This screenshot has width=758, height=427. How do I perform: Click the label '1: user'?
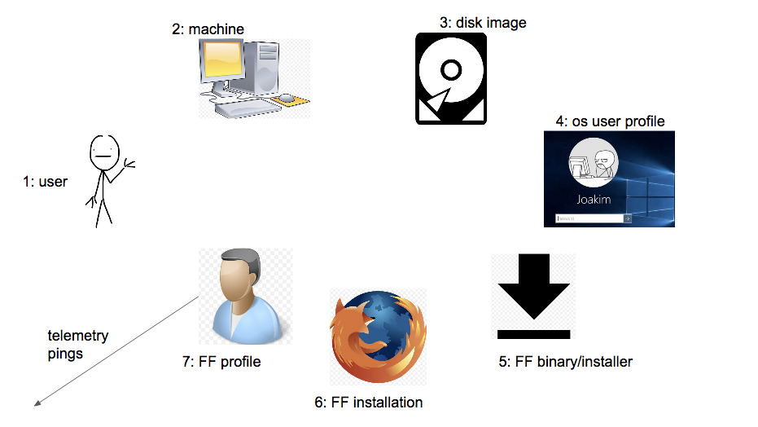(45, 182)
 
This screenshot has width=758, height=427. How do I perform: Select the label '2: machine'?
(208, 29)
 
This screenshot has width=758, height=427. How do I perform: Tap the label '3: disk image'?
(483, 23)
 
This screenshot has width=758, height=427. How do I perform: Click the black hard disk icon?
(451, 78)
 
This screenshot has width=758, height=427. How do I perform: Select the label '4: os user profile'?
(610, 121)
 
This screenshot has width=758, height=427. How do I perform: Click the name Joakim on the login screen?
(594, 199)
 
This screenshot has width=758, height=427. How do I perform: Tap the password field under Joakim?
(589, 218)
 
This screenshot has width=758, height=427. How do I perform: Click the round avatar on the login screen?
(594, 162)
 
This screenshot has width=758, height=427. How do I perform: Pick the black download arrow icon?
(533, 297)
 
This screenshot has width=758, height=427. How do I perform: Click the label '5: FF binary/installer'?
(565, 362)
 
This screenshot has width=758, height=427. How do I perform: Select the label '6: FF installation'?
(368, 403)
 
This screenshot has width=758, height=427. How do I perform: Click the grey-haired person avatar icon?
(245, 297)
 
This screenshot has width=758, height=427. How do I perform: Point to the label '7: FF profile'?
(221, 361)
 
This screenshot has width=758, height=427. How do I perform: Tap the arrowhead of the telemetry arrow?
(37, 402)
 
